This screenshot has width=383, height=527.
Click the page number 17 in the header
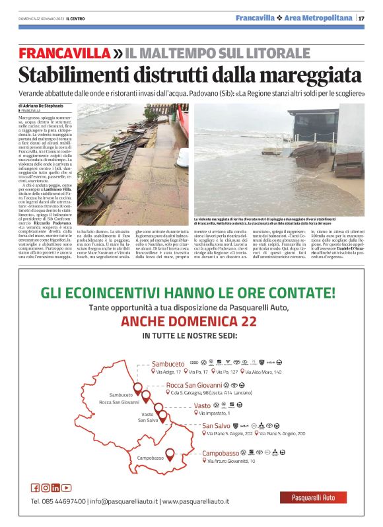362,18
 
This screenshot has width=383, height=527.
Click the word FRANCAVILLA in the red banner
65,53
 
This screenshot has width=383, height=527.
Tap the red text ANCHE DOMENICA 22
189,322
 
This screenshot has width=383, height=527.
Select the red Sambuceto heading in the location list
168,364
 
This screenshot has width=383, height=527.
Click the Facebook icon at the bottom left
35,488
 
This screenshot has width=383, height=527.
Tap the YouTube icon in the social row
67,488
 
